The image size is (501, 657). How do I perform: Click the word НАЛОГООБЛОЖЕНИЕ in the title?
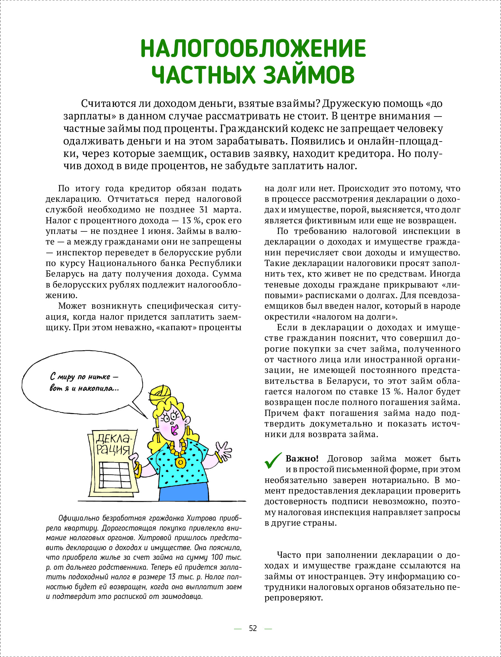253,49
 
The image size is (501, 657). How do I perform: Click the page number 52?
253,628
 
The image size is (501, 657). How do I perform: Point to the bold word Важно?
302,459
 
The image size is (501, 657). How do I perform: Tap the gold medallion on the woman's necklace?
180,462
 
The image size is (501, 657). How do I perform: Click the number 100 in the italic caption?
217,557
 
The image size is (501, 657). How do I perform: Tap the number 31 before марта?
204,210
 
